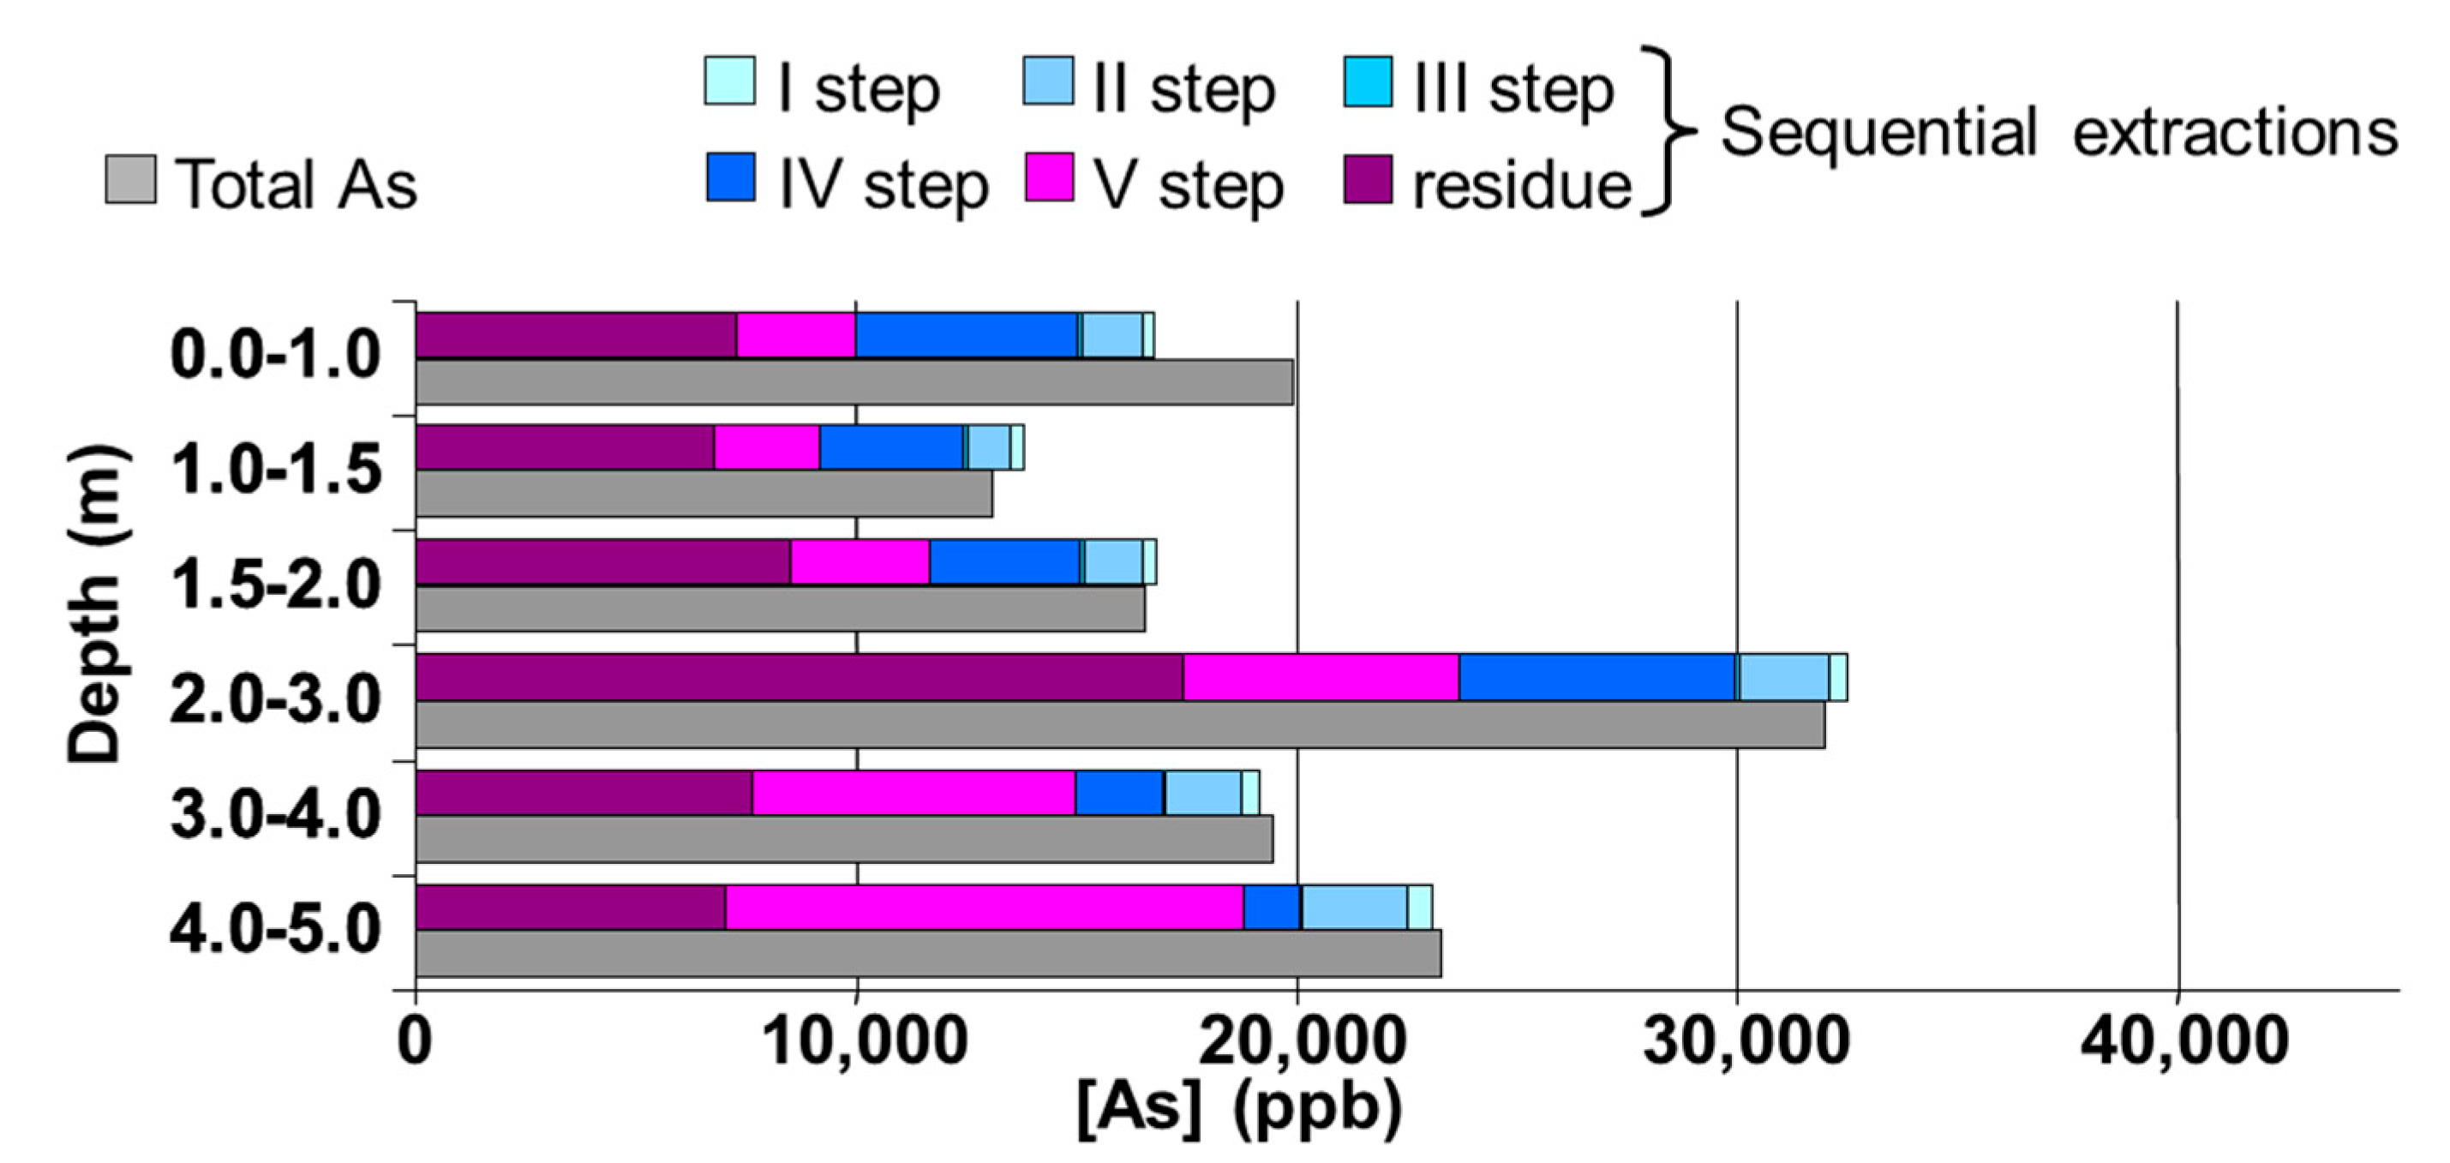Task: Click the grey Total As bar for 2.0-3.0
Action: (x=1119, y=724)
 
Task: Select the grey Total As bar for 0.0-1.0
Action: (x=854, y=381)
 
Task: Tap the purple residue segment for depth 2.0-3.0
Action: (x=799, y=677)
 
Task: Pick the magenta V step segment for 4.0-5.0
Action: (x=985, y=908)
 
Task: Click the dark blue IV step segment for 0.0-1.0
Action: (x=967, y=335)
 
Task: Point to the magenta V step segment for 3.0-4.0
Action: (x=913, y=793)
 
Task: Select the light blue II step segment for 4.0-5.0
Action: (x=1354, y=908)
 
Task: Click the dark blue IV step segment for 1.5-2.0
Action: (x=1004, y=562)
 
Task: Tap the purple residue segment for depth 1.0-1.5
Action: (x=565, y=447)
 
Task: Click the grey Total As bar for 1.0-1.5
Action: (x=704, y=495)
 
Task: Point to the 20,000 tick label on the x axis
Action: (x=1299, y=1042)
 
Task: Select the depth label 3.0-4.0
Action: (x=276, y=814)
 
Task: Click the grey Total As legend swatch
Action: (x=130, y=180)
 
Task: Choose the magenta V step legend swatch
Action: (x=1049, y=177)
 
